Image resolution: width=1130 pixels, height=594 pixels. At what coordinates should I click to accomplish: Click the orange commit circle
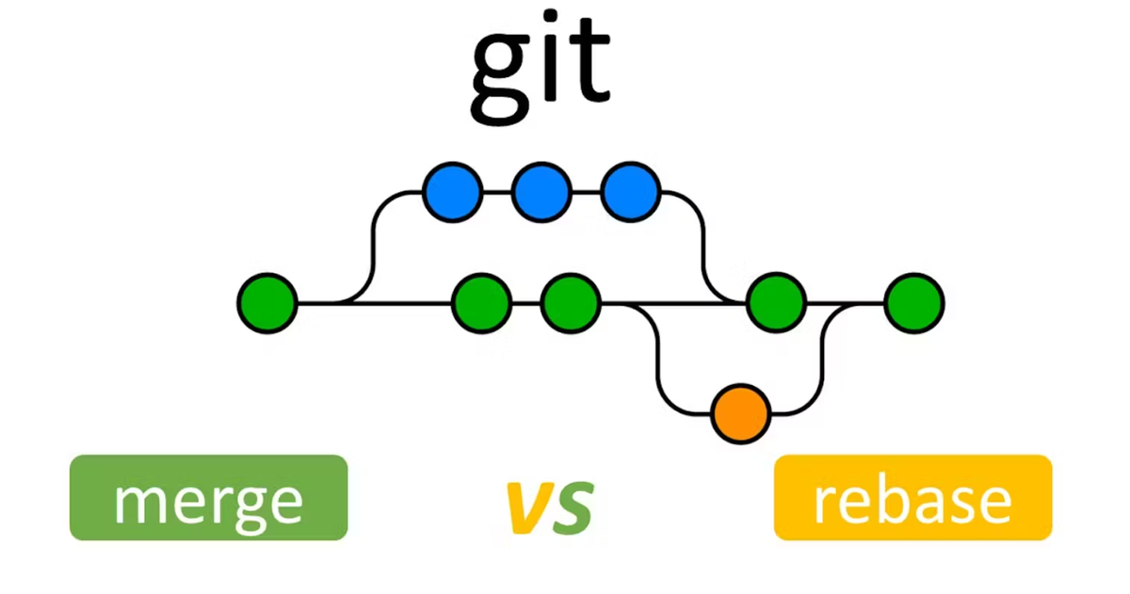point(741,413)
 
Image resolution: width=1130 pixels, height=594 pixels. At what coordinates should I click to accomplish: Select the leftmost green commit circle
point(267,303)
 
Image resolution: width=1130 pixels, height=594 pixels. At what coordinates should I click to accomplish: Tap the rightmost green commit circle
point(913,303)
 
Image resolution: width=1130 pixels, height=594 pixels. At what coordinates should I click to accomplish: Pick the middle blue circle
point(541,192)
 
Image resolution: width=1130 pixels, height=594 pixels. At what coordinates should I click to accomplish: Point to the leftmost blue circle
point(453,192)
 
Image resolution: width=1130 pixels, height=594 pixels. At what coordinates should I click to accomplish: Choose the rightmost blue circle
point(630,192)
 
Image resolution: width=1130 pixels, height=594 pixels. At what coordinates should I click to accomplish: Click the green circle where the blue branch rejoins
point(776,303)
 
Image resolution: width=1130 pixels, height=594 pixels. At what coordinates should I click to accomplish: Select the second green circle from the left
point(481,303)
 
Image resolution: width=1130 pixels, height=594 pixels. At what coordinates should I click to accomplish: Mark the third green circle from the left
point(571,303)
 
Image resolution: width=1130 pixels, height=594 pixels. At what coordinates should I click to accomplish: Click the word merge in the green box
point(208,500)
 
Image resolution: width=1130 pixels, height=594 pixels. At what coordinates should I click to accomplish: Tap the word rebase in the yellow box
point(912,499)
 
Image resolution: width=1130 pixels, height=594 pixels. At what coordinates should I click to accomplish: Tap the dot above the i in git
point(555,22)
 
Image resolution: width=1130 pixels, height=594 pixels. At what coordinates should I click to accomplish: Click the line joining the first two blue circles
point(497,192)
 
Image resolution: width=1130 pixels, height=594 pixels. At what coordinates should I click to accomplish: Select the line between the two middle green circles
point(526,303)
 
